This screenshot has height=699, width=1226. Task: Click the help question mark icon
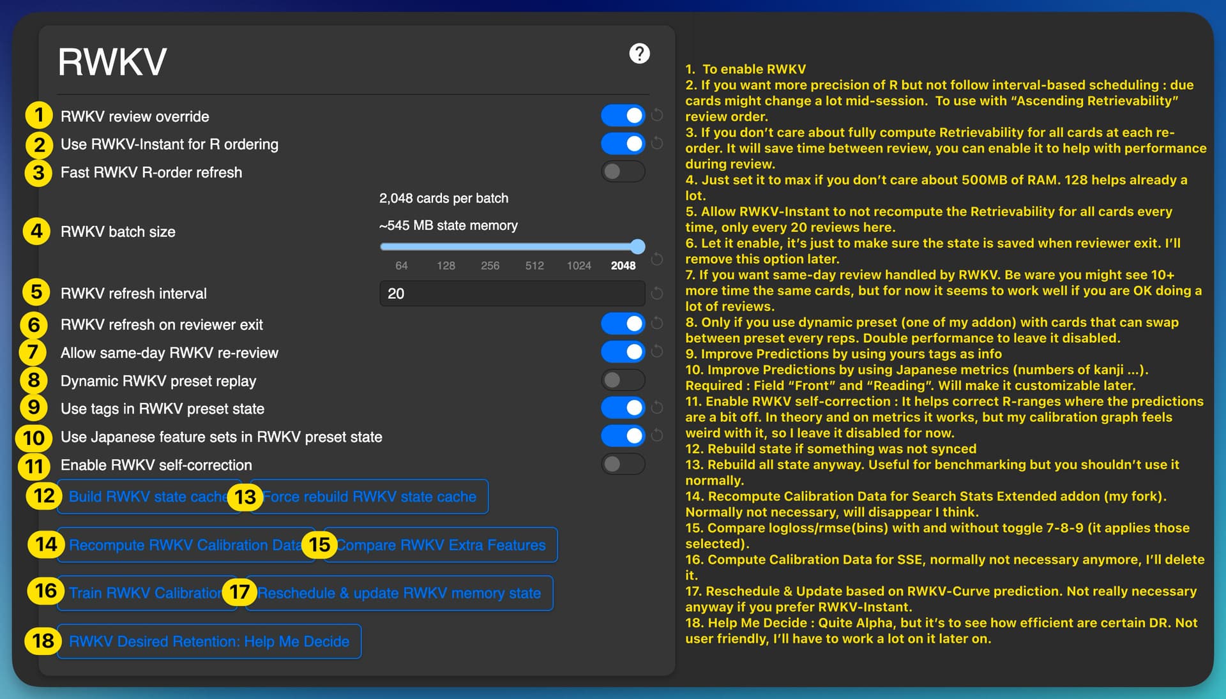[x=639, y=54]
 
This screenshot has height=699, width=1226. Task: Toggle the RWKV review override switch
[x=623, y=116]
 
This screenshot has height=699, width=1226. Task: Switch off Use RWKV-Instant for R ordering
[x=623, y=144]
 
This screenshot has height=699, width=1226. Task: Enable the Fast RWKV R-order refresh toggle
[x=623, y=171]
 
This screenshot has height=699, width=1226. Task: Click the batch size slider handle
[x=637, y=246]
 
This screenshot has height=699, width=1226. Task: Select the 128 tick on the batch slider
[x=446, y=266]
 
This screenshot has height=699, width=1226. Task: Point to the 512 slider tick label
[x=534, y=266]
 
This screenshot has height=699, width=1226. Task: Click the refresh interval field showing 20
[x=512, y=294]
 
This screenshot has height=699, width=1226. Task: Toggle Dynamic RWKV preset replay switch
[x=623, y=380]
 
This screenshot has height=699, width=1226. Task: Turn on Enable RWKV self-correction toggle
[x=623, y=464]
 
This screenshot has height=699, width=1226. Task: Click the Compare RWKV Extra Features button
[x=441, y=545]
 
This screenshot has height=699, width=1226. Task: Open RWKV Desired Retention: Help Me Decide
[x=209, y=642]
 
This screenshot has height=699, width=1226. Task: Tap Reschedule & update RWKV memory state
[x=399, y=593]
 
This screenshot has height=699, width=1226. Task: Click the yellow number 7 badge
[x=33, y=352]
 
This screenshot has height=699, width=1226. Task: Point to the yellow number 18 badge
[x=43, y=640]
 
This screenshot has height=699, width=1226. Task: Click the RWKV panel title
[x=112, y=62]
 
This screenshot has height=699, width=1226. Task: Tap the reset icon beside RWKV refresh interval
[x=656, y=294]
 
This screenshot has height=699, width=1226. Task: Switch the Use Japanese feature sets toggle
[x=623, y=436]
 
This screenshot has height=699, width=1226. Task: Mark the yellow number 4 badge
[x=37, y=231]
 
